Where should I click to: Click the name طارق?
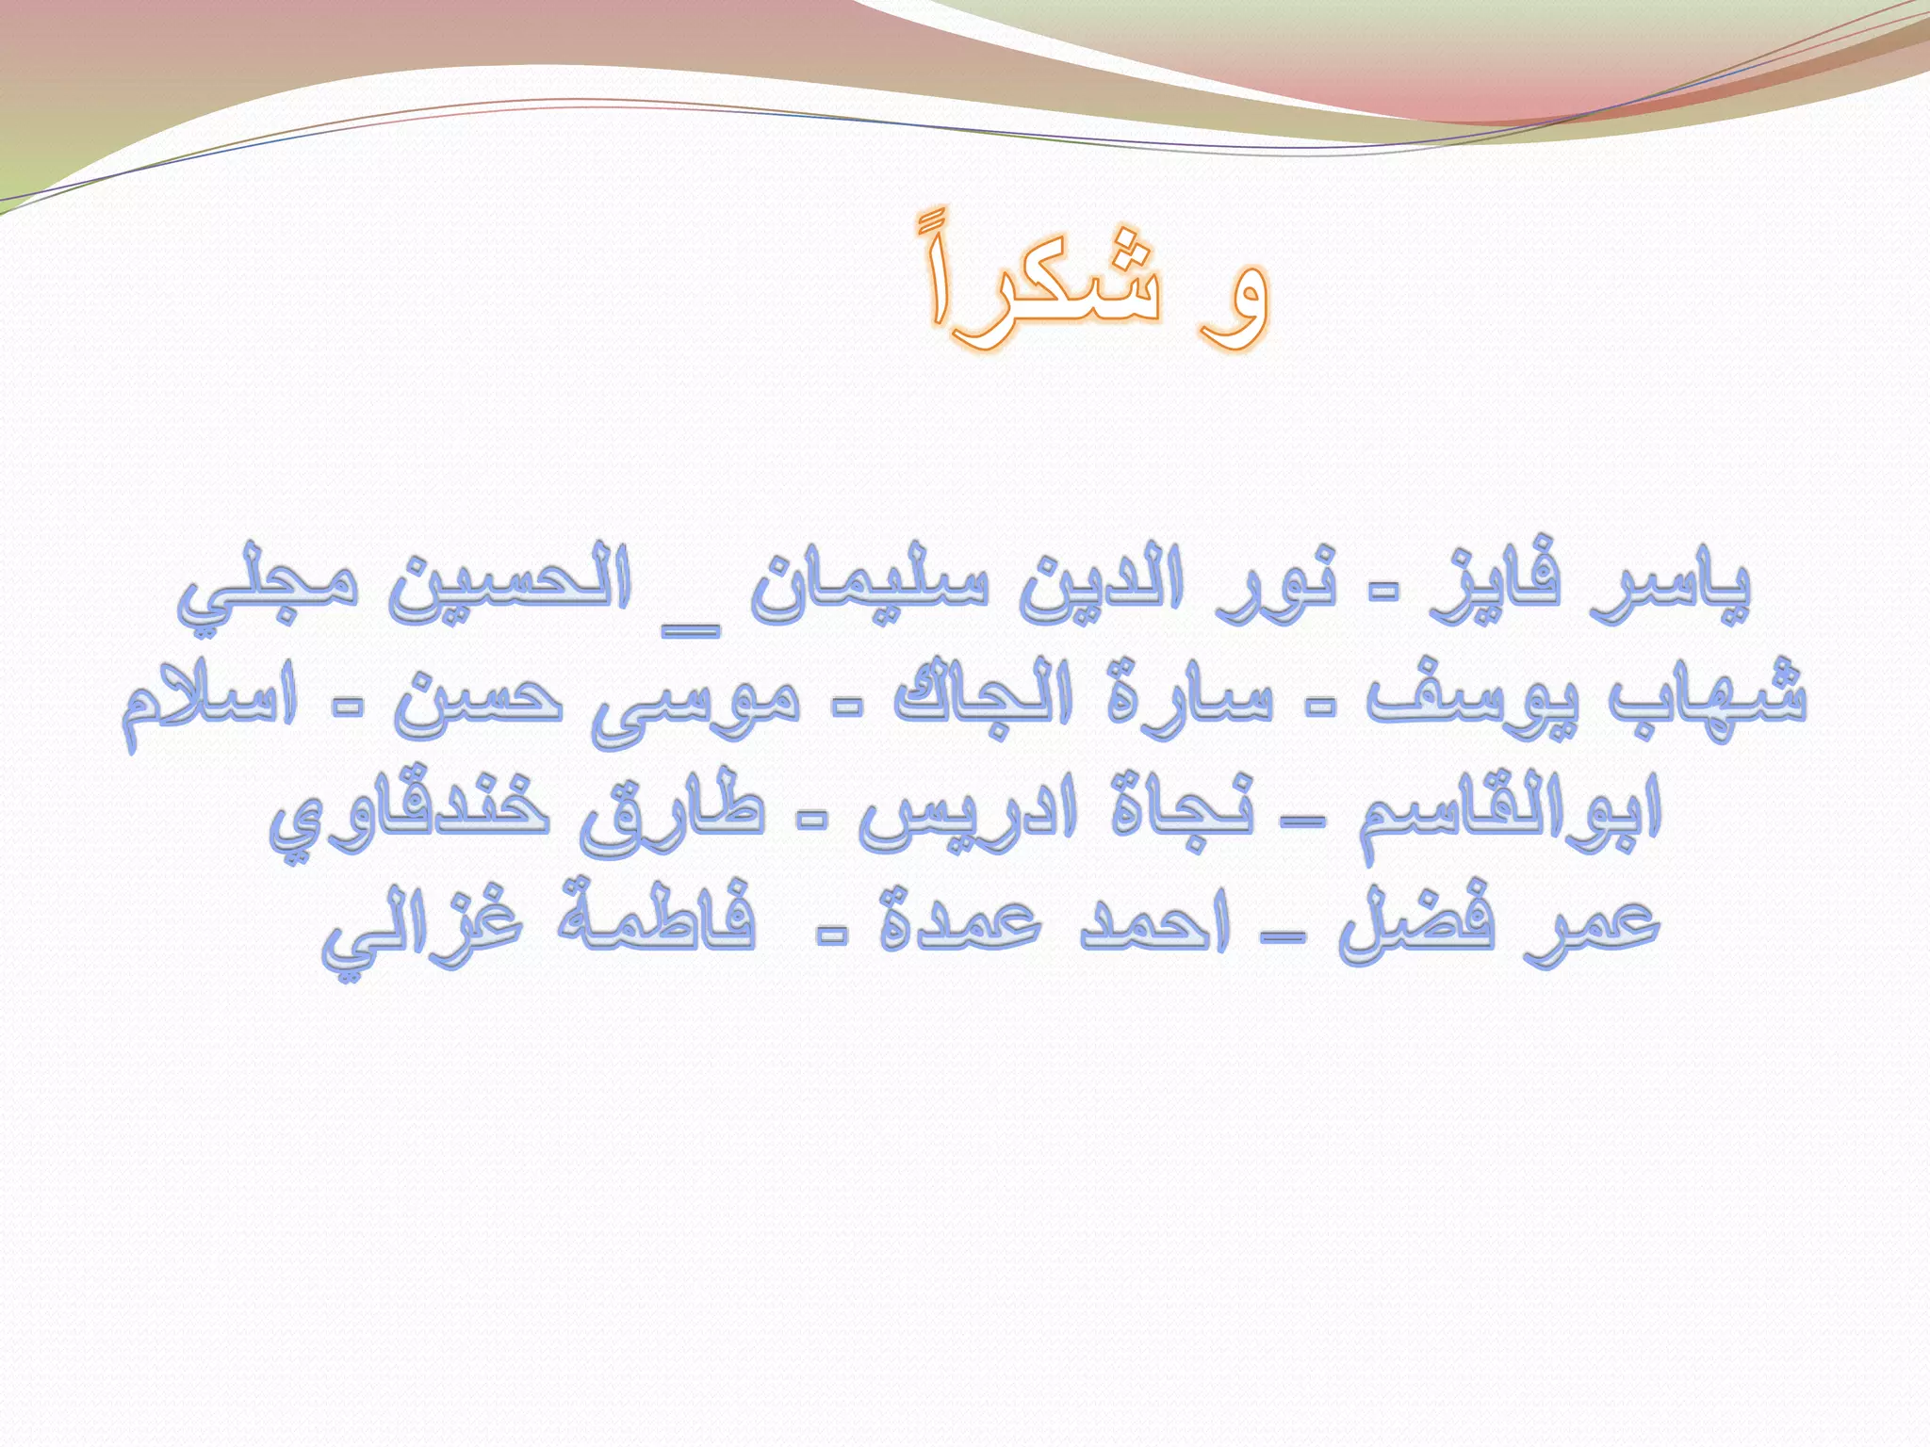pos(673,815)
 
